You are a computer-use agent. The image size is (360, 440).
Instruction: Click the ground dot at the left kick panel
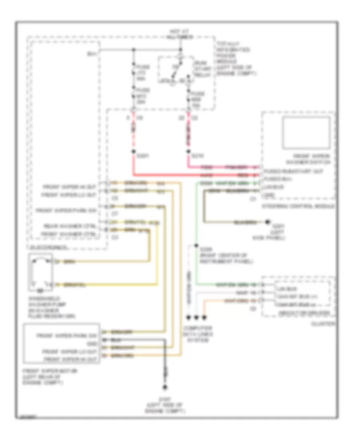pyautogui.click(x=268, y=221)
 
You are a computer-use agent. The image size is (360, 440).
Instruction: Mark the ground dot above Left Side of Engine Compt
pyautogui.click(x=164, y=388)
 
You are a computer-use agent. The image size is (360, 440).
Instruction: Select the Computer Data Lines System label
pyautogui.click(x=196, y=334)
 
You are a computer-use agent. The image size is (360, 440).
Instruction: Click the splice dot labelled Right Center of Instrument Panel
pyautogui.click(x=196, y=246)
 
